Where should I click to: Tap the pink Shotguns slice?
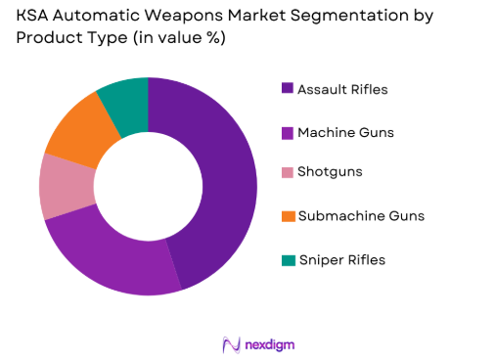coord(67,186)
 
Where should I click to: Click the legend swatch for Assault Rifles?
coord(287,89)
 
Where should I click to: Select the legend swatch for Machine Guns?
coord(287,131)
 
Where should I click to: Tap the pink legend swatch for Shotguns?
coord(287,172)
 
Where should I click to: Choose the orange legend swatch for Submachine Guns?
coord(287,215)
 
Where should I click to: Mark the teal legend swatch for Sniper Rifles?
coord(287,259)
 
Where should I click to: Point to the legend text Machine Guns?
coord(347,131)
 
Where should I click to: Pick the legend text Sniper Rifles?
coord(342,259)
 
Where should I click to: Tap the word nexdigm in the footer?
coord(269,344)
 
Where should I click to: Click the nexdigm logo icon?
coord(232,344)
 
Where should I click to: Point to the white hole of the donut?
coord(149,186)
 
